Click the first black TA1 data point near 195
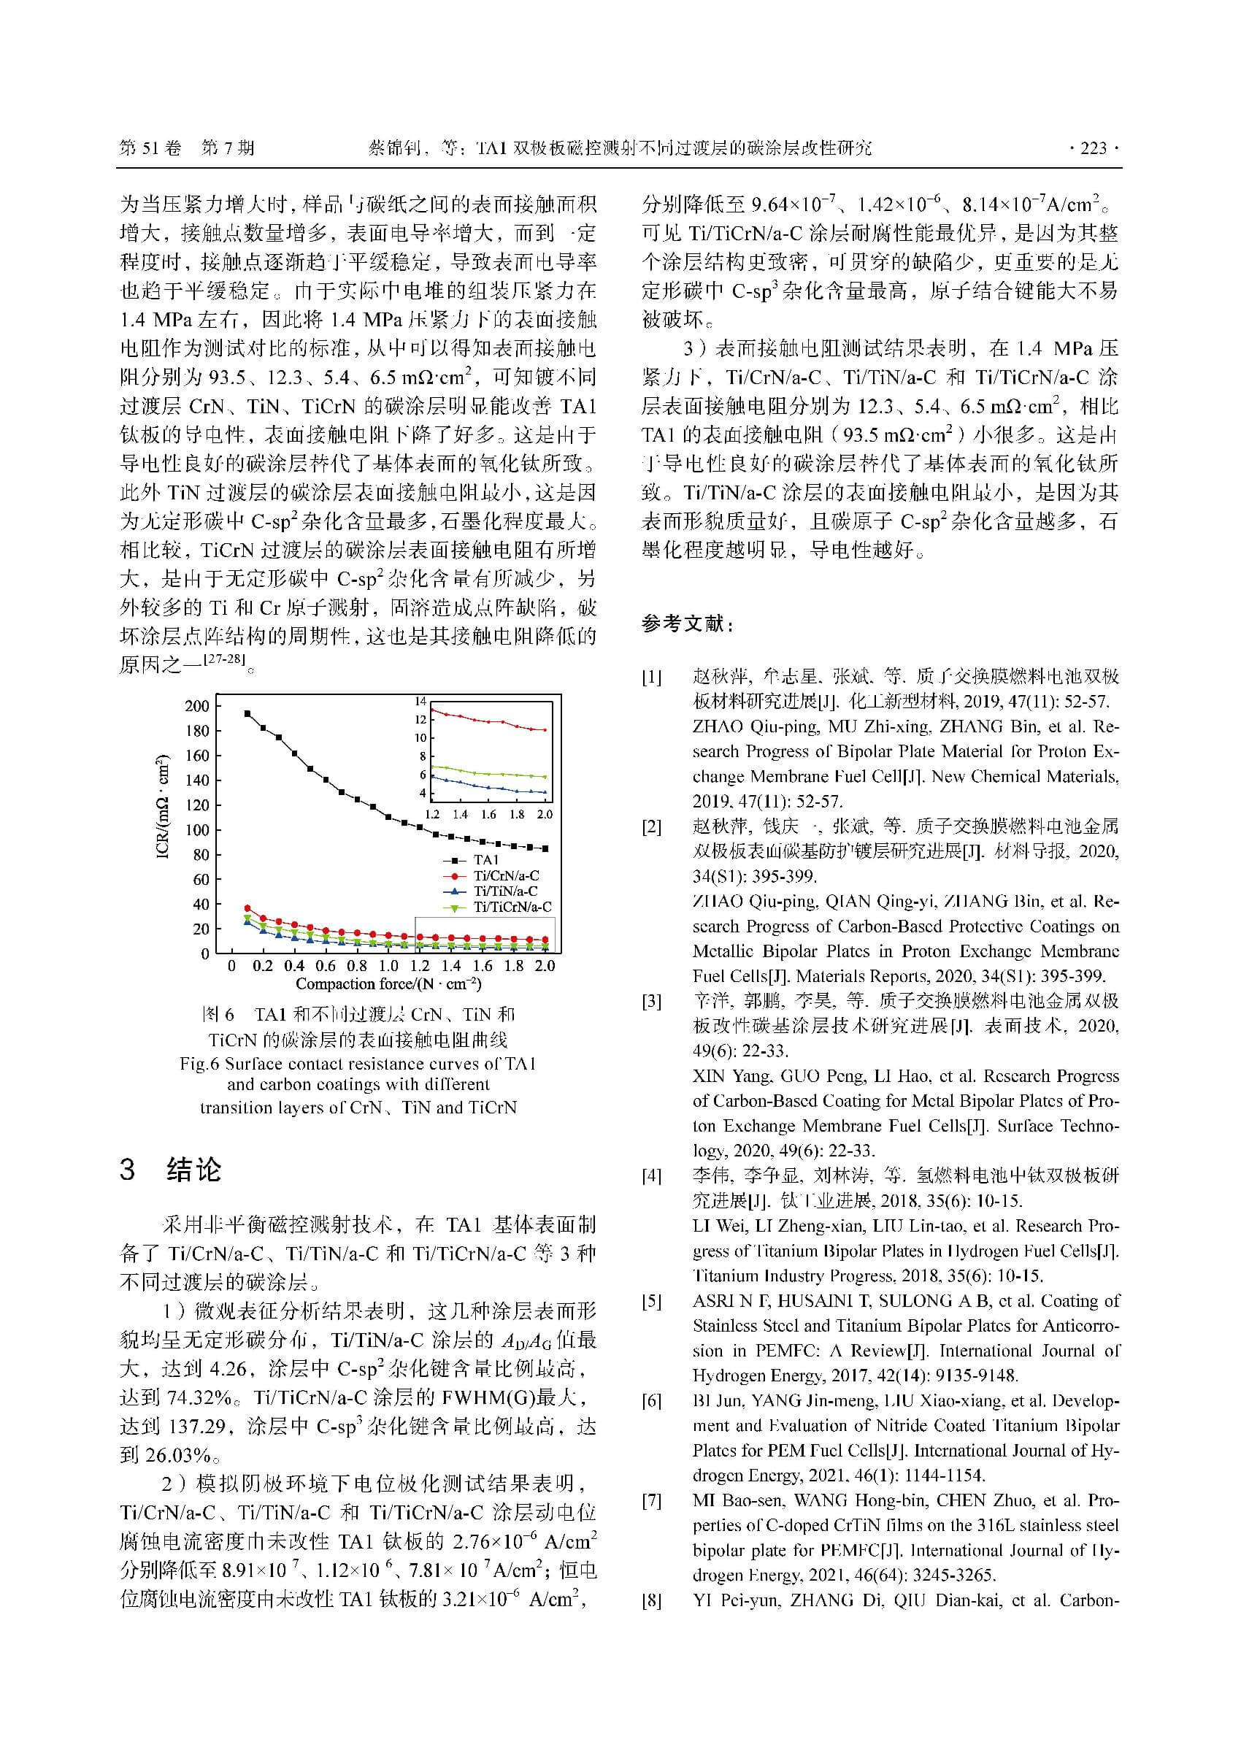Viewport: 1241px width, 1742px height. tap(247, 713)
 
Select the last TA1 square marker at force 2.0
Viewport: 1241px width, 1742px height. tap(545, 848)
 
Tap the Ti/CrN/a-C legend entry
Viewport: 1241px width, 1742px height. tap(505, 875)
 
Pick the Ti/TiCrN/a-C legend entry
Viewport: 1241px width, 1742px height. tap(511, 907)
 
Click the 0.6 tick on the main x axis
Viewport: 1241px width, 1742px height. tap(326, 966)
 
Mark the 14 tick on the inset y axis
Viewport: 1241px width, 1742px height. tap(420, 702)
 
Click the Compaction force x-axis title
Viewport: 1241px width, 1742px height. tap(388, 984)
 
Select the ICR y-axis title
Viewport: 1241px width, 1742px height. tap(162, 807)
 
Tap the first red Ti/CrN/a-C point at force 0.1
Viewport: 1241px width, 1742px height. tap(247, 908)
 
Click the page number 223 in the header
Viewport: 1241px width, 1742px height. tap(1094, 148)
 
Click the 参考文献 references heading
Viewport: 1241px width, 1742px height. tap(687, 624)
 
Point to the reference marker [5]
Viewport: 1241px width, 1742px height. tap(651, 1301)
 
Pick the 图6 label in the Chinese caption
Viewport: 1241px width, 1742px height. tap(218, 1015)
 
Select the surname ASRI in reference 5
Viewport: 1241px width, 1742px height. tap(713, 1301)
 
